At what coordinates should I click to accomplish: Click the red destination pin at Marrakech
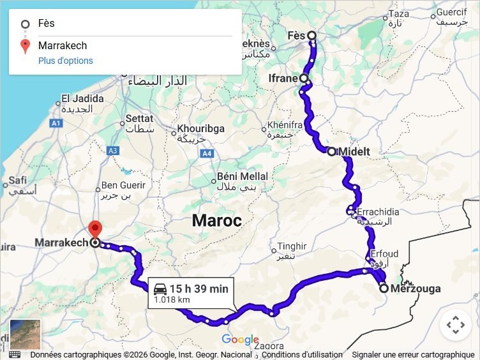95,229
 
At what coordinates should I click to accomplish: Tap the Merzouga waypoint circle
384,289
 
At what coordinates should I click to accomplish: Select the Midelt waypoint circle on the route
331,151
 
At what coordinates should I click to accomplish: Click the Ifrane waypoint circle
304,79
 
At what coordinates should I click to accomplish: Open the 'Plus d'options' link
66,61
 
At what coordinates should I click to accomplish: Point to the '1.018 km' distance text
172,299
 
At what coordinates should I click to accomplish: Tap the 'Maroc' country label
217,221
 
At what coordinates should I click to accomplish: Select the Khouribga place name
201,129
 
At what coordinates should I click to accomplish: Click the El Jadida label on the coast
82,99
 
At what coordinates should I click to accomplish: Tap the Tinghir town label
292,246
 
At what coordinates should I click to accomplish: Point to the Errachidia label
378,212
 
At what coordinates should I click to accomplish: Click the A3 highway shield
113,151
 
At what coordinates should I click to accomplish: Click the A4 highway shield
207,154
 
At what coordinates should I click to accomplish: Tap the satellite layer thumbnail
26,334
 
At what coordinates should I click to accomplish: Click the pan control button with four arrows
456,326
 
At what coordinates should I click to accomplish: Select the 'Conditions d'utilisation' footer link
302,355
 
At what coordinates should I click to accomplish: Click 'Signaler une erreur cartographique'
413,355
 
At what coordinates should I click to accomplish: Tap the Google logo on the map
240,340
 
